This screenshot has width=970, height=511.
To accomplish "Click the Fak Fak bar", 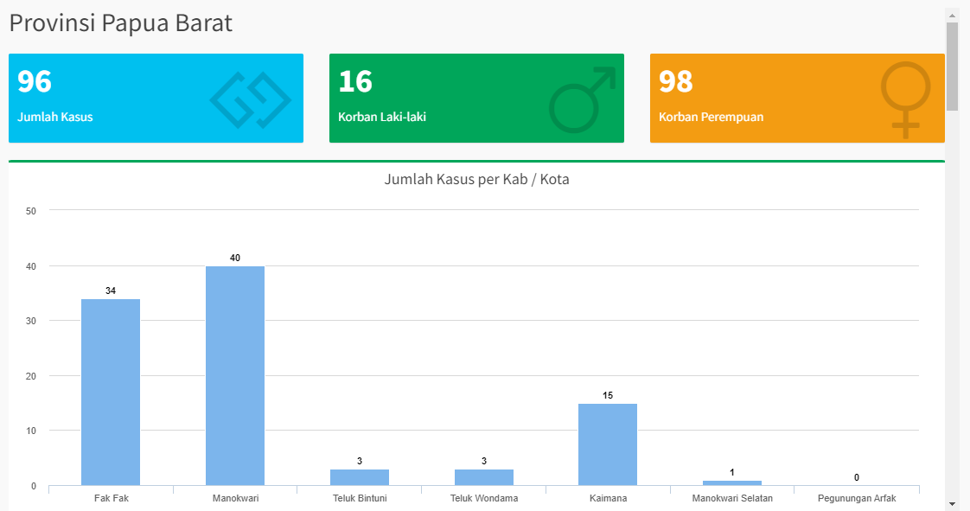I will (x=111, y=392).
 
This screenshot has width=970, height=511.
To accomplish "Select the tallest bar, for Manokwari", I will (x=235, y=375).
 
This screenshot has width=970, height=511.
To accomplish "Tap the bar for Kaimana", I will (x=608, y=444).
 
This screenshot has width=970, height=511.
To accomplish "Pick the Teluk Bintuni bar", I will (x=360, y=476).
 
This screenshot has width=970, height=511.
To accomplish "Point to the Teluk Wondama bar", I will (x=484, y=476).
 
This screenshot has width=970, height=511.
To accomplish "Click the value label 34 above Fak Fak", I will (x=111, y=291).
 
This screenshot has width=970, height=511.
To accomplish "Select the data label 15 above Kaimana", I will (x=608, y=395).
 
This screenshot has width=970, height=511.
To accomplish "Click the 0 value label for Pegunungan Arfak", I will (x=857, y=477).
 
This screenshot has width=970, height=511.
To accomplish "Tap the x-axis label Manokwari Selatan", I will (x=732, y=498).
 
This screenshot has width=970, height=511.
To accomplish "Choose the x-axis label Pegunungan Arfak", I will (x=857, y=498).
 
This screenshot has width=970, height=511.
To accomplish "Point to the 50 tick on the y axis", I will (x=31, y=211).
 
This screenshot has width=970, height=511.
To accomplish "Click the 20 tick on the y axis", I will (x=31, y=376).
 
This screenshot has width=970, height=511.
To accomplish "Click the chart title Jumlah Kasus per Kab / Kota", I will (x=476, y=180).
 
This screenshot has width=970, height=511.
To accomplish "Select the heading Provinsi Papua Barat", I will (x=121, y=23).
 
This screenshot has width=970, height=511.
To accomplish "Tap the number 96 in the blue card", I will (x=35, y=81).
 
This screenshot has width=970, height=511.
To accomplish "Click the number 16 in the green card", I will (x=355, y=81).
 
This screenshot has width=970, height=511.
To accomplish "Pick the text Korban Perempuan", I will (x=711, y=117).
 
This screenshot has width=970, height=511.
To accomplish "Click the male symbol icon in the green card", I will (x=582, y=99).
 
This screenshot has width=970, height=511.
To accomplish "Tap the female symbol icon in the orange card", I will (x=905, y=99).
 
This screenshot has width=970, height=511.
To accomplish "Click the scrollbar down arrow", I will (x=953, y=503).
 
